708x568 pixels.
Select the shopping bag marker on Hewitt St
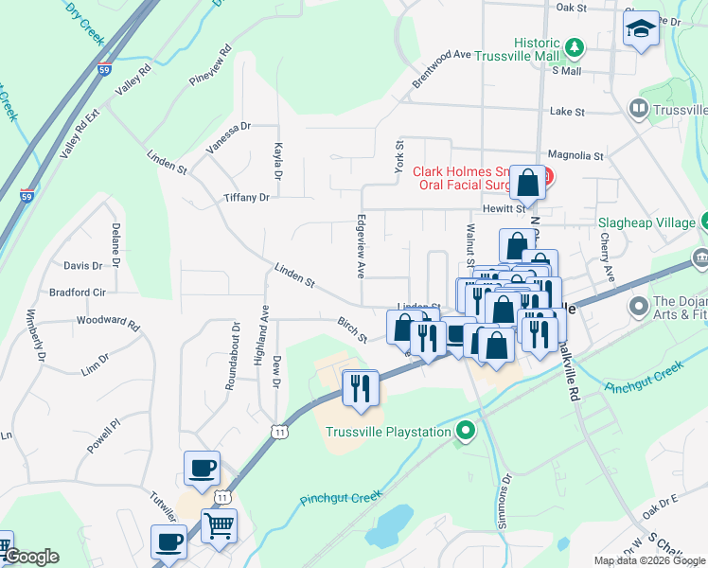pos(527,182)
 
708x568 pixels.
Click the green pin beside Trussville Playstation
pos(464,433)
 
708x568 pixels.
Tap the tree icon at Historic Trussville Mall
pos(573,45)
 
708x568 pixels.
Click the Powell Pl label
pos(103,433)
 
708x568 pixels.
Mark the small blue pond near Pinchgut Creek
pos(389,526)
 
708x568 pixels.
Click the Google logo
pos(31,557)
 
